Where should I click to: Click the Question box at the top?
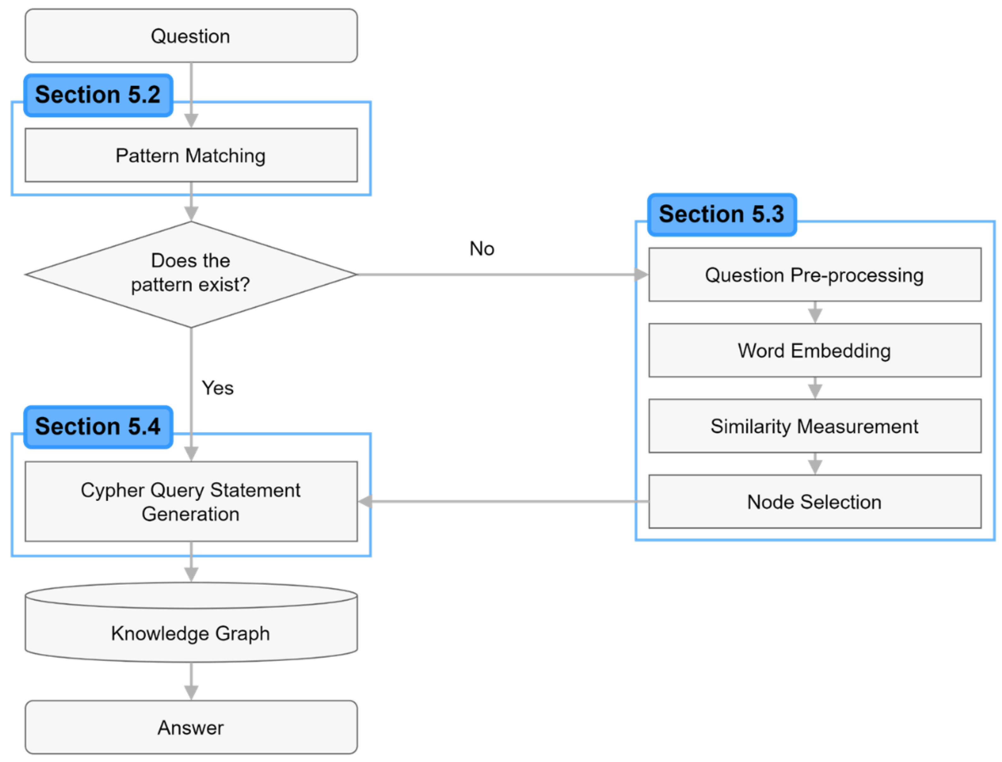coord(191,36)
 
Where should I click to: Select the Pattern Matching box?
coord(191,155)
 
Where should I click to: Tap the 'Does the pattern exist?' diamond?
coord(191,274)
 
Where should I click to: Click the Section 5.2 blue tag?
coord(98,95)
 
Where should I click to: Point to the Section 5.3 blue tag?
coord(721,214)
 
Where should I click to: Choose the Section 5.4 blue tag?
coord(98,426)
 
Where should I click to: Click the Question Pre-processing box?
coord(814,275)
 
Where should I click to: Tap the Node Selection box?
coord(814,502)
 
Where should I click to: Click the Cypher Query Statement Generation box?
coord(191,502)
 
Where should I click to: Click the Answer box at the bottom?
coord(191,728)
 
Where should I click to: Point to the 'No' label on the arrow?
coord(481,249)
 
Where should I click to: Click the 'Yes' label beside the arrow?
coord(218,388)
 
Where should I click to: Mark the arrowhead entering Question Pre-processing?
coord(641,274)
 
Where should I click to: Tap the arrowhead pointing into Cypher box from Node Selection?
coord(365,502)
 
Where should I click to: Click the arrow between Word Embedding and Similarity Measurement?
coord(815,388)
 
